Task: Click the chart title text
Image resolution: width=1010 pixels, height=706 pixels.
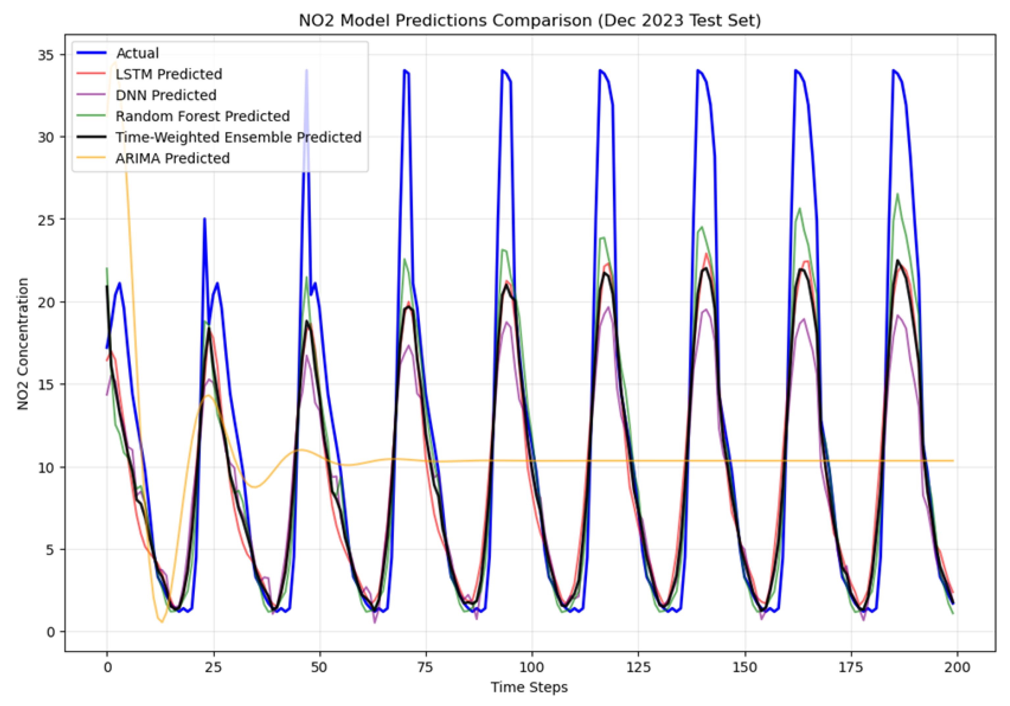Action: tap(530, 20)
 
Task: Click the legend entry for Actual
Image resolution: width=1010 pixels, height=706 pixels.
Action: tap(137, 53)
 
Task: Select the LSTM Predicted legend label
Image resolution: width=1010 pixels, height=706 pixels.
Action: tap(168, 74)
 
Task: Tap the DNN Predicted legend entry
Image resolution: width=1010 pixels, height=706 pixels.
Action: tap(166, 95)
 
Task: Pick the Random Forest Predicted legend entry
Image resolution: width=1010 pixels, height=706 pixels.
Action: tap(202, 116)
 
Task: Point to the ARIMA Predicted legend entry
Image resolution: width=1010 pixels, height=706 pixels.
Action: tap(172, 158)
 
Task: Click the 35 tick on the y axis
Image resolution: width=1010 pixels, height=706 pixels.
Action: tap(46, 55)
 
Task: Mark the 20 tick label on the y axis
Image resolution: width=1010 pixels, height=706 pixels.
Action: tap(46, 303)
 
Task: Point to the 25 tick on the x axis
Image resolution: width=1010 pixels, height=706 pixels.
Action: tap(213, 667)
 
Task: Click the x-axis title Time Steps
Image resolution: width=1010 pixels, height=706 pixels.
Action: tap(529, 687)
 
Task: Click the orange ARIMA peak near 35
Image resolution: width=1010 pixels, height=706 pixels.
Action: tap(115, 63)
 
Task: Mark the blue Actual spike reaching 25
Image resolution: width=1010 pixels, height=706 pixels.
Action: tap(205, 219)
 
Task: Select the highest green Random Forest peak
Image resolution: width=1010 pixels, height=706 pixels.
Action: tap(897, 194)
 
